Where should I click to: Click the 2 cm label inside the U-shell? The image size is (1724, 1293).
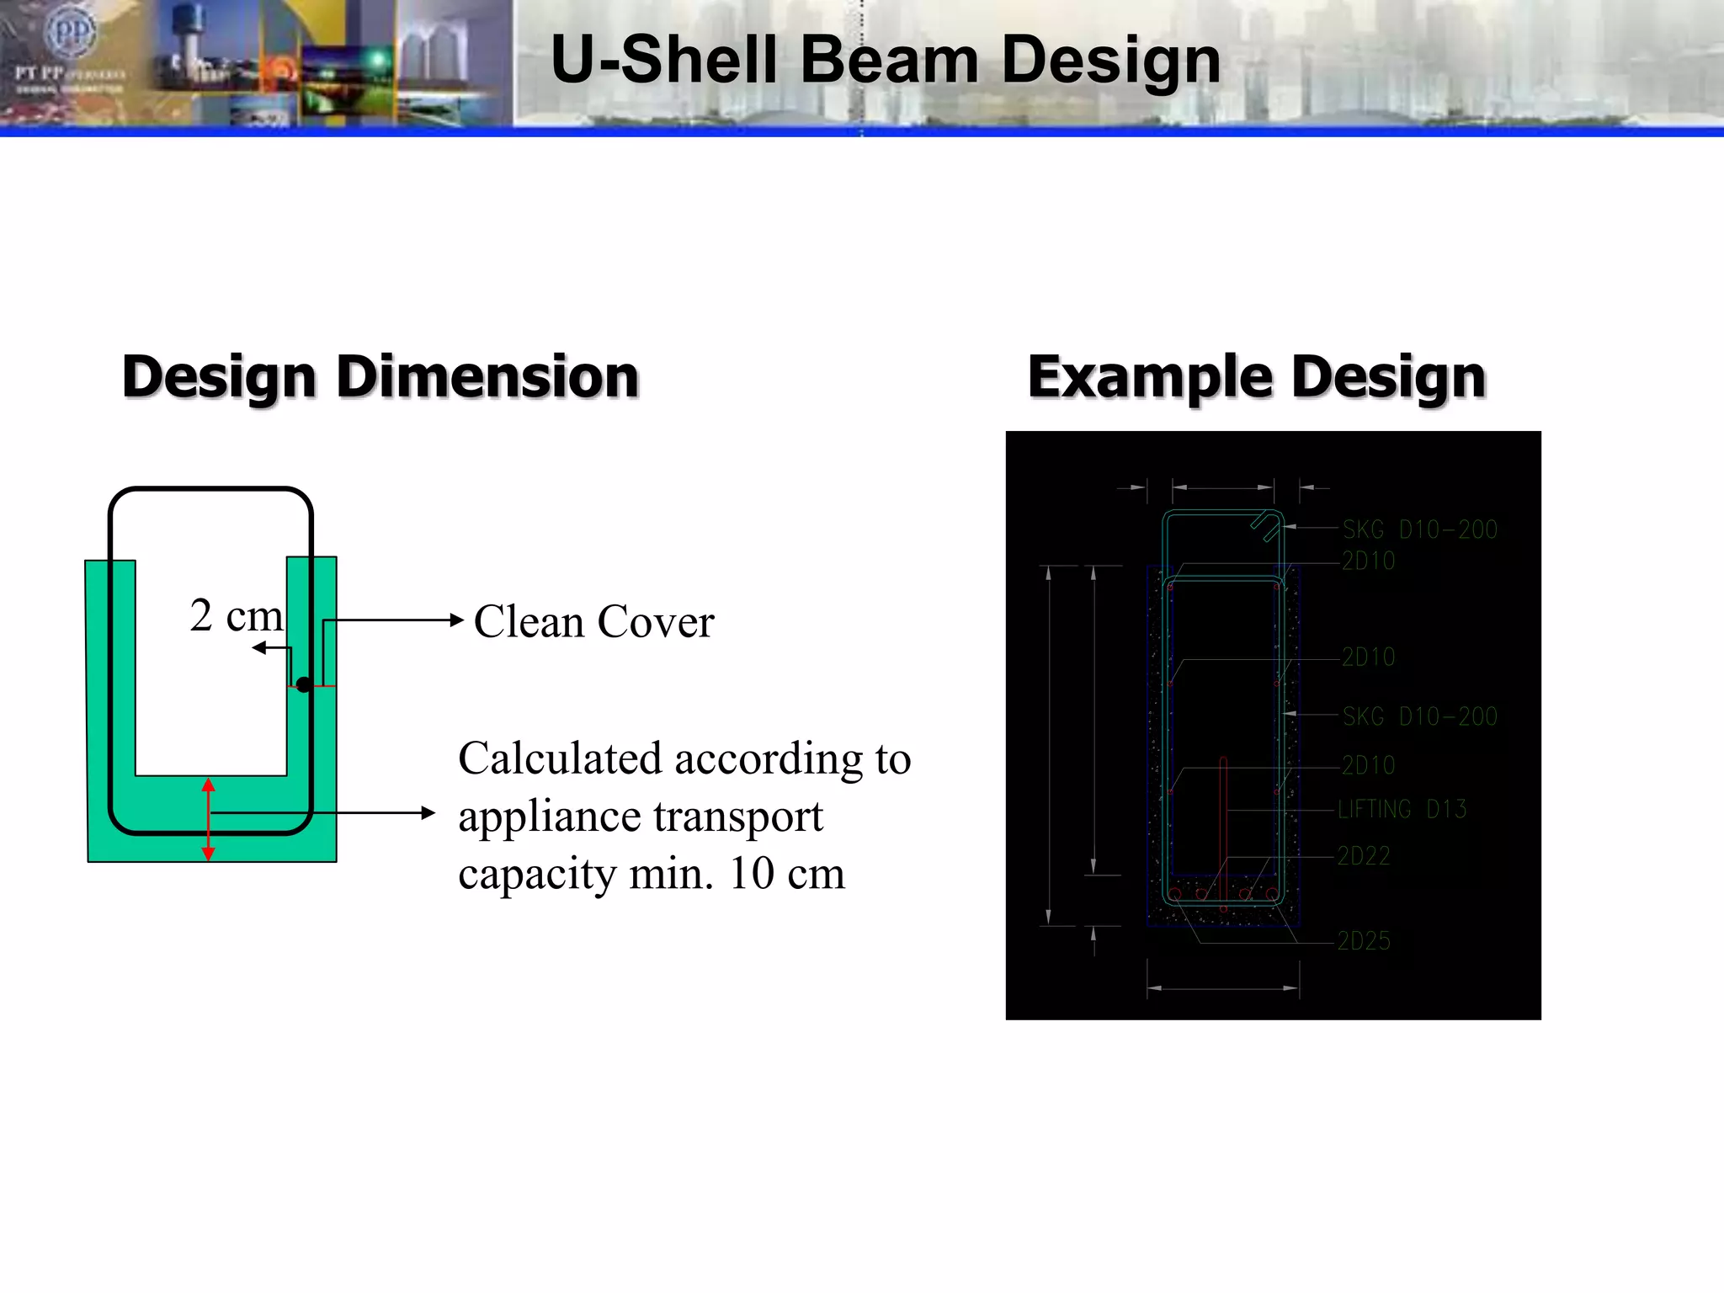(x=236, y=615)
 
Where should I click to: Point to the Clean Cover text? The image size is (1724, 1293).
(x=593, y=622)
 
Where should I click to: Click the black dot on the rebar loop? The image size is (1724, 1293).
(x=304, y=685)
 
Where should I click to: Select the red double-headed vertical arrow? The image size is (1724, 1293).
(x=209, y=819)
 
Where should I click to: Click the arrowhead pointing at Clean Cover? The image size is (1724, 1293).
(x=456, y=620)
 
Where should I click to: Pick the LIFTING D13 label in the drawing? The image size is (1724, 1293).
(x=1402, y=810)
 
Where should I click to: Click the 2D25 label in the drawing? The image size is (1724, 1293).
(x=1364, y=941)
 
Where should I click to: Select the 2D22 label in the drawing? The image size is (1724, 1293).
(x=1364, y=856)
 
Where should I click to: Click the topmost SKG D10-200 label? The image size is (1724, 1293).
(x=1419, y=529)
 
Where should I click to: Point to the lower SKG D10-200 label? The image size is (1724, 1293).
(x=1419, y=716)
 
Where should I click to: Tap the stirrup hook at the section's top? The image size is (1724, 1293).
(x=1265, y=525)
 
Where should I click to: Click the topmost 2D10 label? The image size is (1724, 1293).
(x=1368, y=561)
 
